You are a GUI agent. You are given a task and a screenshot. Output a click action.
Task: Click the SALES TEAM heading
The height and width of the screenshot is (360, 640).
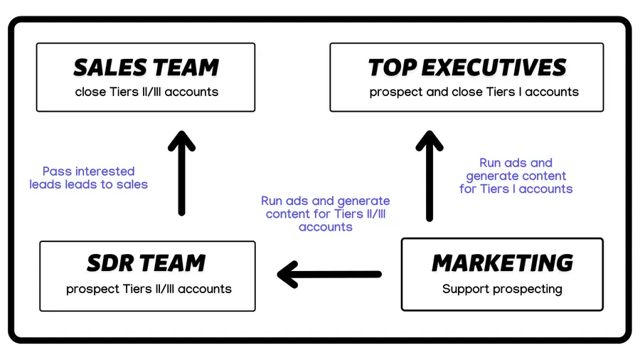[146, 68]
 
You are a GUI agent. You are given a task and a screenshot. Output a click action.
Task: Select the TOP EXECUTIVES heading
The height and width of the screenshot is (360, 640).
[467, 68]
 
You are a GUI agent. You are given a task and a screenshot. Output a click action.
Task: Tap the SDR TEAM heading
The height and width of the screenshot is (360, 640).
[146, 263]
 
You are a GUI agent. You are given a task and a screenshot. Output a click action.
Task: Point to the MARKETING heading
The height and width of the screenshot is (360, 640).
[502, 263]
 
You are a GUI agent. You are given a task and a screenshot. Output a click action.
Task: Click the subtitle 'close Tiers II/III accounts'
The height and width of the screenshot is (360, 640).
[146, 92]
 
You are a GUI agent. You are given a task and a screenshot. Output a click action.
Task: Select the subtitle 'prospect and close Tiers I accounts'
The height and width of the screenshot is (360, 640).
[474, 92]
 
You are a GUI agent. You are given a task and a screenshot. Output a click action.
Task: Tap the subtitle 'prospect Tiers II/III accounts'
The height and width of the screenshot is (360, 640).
[149, 289]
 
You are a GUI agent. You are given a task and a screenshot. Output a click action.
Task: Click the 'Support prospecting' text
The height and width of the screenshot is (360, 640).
[502, 289]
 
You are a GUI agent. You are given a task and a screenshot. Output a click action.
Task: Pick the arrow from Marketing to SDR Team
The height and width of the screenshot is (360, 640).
[330, 274]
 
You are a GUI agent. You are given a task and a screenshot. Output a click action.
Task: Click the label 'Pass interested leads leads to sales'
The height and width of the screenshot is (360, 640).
[89, 178]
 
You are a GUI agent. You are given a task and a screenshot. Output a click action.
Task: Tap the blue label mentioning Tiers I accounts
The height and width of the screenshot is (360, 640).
[516, 176]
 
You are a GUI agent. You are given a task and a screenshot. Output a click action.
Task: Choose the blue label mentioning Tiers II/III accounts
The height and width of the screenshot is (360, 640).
[326, 214]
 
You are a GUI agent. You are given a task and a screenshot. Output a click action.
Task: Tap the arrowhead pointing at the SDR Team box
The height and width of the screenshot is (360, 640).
[289, 274]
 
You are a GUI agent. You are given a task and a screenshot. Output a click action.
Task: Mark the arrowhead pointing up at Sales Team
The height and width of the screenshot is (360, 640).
[182, 140]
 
